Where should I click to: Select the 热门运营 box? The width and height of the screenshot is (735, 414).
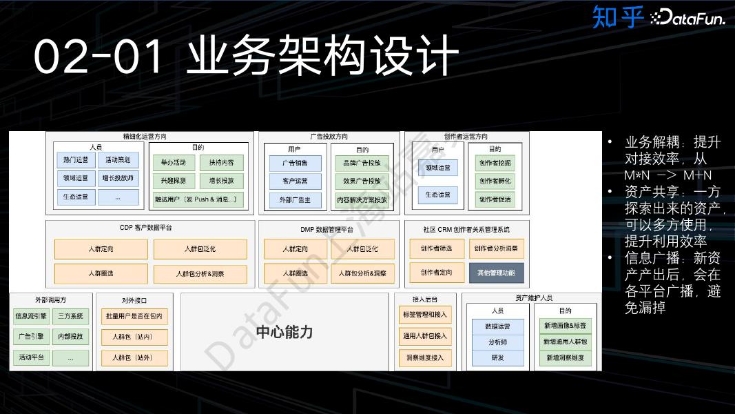point(76,160)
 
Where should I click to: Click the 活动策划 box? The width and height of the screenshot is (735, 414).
point(118,160)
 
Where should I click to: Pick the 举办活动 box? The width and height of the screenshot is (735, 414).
point(174,163)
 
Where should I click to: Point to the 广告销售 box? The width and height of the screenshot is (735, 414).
point(295,163)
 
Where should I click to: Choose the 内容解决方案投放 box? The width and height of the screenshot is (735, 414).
point(362,200)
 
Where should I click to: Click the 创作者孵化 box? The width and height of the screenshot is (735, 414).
point(495,181)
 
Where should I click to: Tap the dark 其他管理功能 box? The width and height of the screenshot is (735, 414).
point(496,273)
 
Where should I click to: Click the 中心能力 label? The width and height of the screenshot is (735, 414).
point(284,332)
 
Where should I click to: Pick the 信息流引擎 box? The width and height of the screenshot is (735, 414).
point(31,317)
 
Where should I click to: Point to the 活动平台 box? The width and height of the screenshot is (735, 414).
point(31,357)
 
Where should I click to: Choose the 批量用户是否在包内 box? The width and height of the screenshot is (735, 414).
point(132,316)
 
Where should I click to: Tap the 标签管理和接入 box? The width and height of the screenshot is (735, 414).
point(425,315)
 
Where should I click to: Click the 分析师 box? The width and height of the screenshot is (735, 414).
point(498,342)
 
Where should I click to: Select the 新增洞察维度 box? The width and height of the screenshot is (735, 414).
point(565,357)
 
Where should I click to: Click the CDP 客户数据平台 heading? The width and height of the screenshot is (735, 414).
point(145,227)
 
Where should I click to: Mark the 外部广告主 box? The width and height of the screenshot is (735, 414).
point(295,200)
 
